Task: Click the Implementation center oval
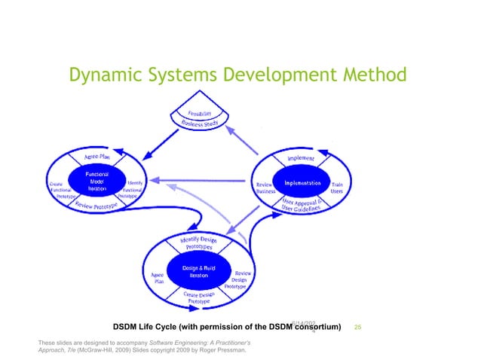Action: [302, 183]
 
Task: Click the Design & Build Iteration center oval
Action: [198, 273]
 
